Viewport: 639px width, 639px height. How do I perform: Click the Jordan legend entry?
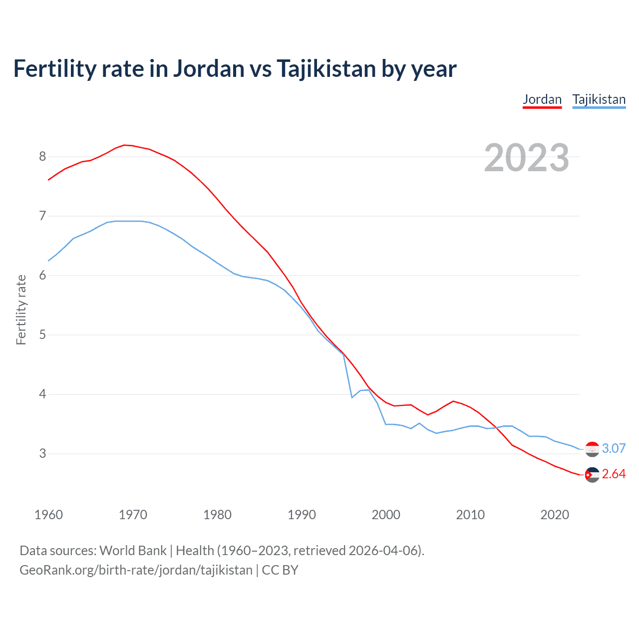tap(542, 99)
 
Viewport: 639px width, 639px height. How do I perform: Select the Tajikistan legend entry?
tap(599, 99)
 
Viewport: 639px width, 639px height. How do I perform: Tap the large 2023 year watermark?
tap(527, 158)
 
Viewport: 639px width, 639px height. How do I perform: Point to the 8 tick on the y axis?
tap(42, 157)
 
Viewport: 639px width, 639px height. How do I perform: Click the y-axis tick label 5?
tap(42, 335)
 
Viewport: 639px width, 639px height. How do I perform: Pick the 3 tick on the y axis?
tap(42, 454)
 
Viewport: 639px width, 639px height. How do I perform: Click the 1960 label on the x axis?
tap(48, 515)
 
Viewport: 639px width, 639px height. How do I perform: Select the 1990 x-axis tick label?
tap(302, 515)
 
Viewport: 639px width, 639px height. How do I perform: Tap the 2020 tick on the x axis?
tap(555, 515)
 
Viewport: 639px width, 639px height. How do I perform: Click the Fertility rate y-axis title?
tap(21, 310)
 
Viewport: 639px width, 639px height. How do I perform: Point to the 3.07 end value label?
tap(614, 448)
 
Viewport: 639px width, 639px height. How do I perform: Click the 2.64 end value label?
tap(614, 474)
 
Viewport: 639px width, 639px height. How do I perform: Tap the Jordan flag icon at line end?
tap(592, 475)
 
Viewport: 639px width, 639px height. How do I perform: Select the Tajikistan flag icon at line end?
tap(592, 449)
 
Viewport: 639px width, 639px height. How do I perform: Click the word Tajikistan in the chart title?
tap(326, 68)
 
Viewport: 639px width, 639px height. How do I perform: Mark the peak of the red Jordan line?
tap(125, 145)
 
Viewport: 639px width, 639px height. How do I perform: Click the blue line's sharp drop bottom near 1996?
tap(352, 397)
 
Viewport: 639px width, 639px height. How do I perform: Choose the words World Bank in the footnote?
tap(133, 550)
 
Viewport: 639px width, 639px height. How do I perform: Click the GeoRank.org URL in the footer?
tap(136, 570)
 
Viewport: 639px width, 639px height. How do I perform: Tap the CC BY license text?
tap(280, 570)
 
